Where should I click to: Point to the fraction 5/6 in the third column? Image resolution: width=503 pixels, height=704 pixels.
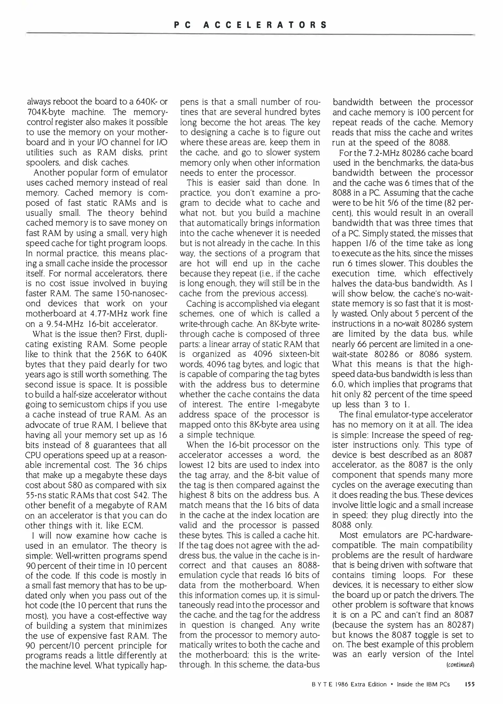tap(397, 203)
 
